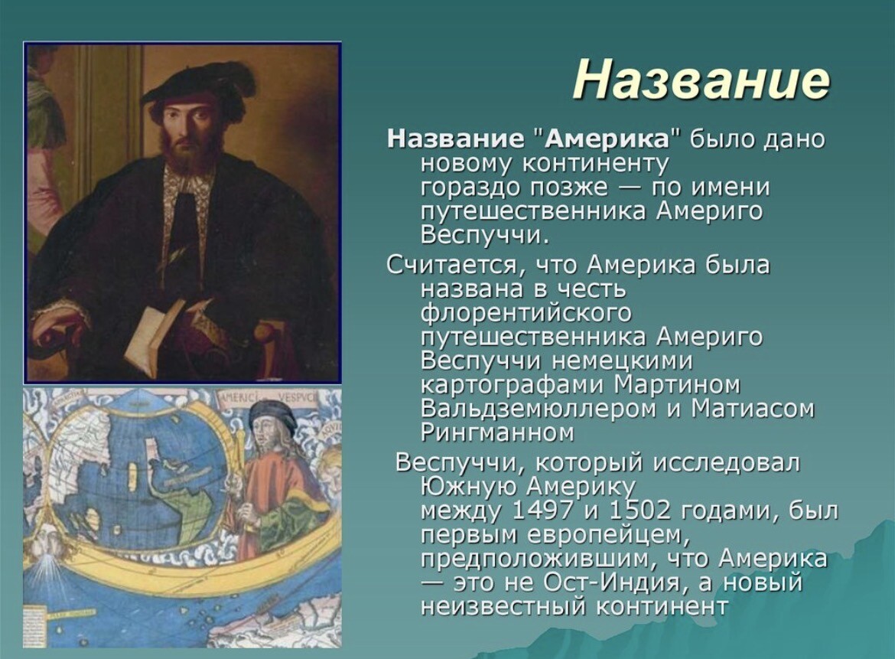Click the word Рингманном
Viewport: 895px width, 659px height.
coord(497,433)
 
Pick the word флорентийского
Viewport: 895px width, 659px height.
coord(526,313)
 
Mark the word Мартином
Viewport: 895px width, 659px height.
coord(678,385)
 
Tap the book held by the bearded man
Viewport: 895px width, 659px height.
coord(154,337)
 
